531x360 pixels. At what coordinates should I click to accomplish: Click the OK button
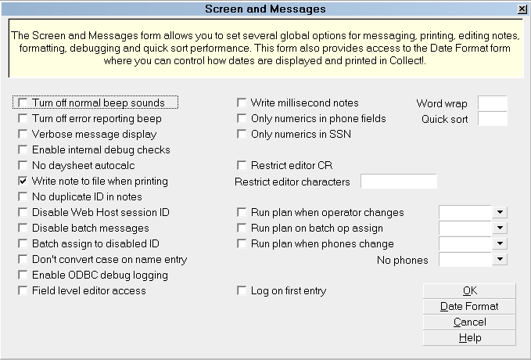(x=469, y=291)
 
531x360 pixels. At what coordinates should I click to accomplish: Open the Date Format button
(x=469, y=307)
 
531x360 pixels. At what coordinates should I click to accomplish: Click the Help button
(x=469, y=337)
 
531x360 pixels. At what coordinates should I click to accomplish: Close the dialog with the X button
(x=522, y=9)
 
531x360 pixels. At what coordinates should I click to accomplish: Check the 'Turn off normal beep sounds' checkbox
(x=23, y=103)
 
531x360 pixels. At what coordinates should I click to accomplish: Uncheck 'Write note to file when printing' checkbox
(x=23, y=181)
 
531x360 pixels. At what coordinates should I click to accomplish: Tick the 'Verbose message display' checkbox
(x=23, y=134)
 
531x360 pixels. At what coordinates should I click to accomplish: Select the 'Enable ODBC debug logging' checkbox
(x=23, y=275)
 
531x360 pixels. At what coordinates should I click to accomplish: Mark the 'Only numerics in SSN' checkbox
(x=242, y=134)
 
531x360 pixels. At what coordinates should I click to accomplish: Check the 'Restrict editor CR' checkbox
(x=242, y=165)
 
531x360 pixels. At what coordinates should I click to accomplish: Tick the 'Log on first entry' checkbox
(x=242, y=290)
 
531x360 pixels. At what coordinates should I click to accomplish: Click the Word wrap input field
(x=493, y=103)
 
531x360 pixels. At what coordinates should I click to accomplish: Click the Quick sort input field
(x=493, y=119)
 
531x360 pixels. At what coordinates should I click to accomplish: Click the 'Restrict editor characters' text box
(x=399, y=182)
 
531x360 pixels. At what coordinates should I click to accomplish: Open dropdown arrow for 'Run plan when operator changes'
(x=500, y=212)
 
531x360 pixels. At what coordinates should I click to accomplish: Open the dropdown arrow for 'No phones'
(x=500, y=259)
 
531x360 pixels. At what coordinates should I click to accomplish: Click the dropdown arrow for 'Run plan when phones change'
(x=500, y=243)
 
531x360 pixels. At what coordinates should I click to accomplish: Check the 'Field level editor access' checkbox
(x=23, y=290)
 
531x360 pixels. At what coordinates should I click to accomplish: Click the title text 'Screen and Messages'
(x=266, y=9)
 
